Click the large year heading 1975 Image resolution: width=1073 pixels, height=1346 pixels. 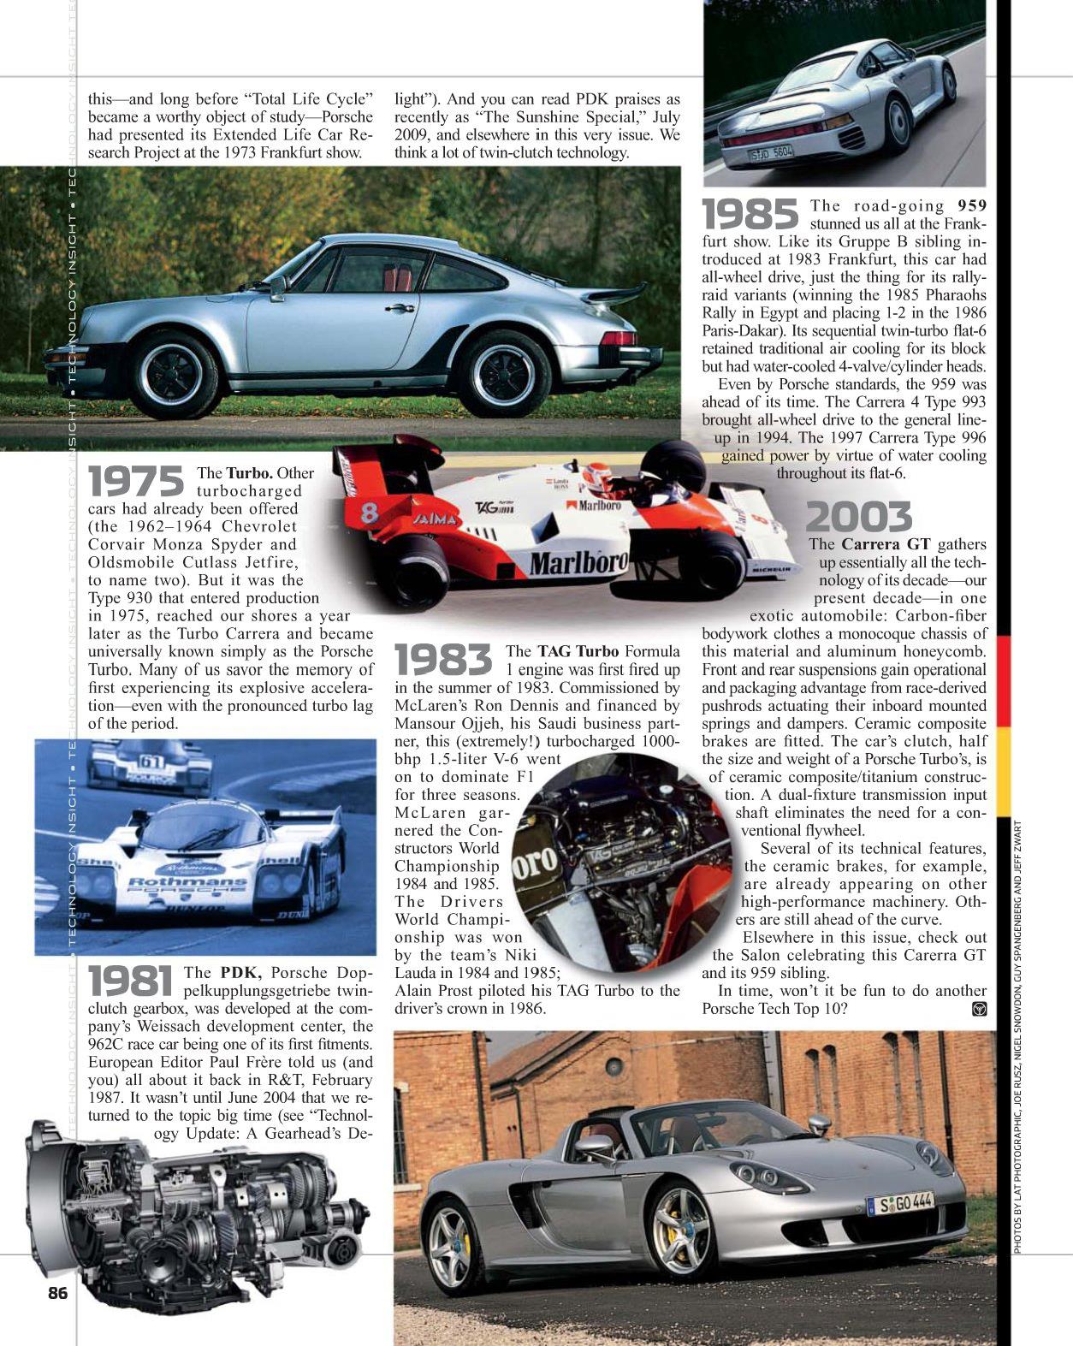[136, 481]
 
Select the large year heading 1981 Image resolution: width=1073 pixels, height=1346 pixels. [134, 981]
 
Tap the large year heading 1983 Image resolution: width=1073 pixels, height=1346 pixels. [443, 660]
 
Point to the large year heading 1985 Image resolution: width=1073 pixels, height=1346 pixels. [750, 214]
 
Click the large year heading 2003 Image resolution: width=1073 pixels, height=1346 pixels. [858, 517]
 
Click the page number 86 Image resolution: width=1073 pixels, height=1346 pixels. [57, 1293]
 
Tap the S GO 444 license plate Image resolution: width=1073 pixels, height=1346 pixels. [899, 1204]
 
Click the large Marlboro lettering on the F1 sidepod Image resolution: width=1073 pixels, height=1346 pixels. [578, 563]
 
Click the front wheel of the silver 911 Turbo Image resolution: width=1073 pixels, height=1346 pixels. [175, 376]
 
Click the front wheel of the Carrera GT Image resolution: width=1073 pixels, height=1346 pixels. [681, 1229]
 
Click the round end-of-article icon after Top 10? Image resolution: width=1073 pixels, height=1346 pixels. [980, 1009]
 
